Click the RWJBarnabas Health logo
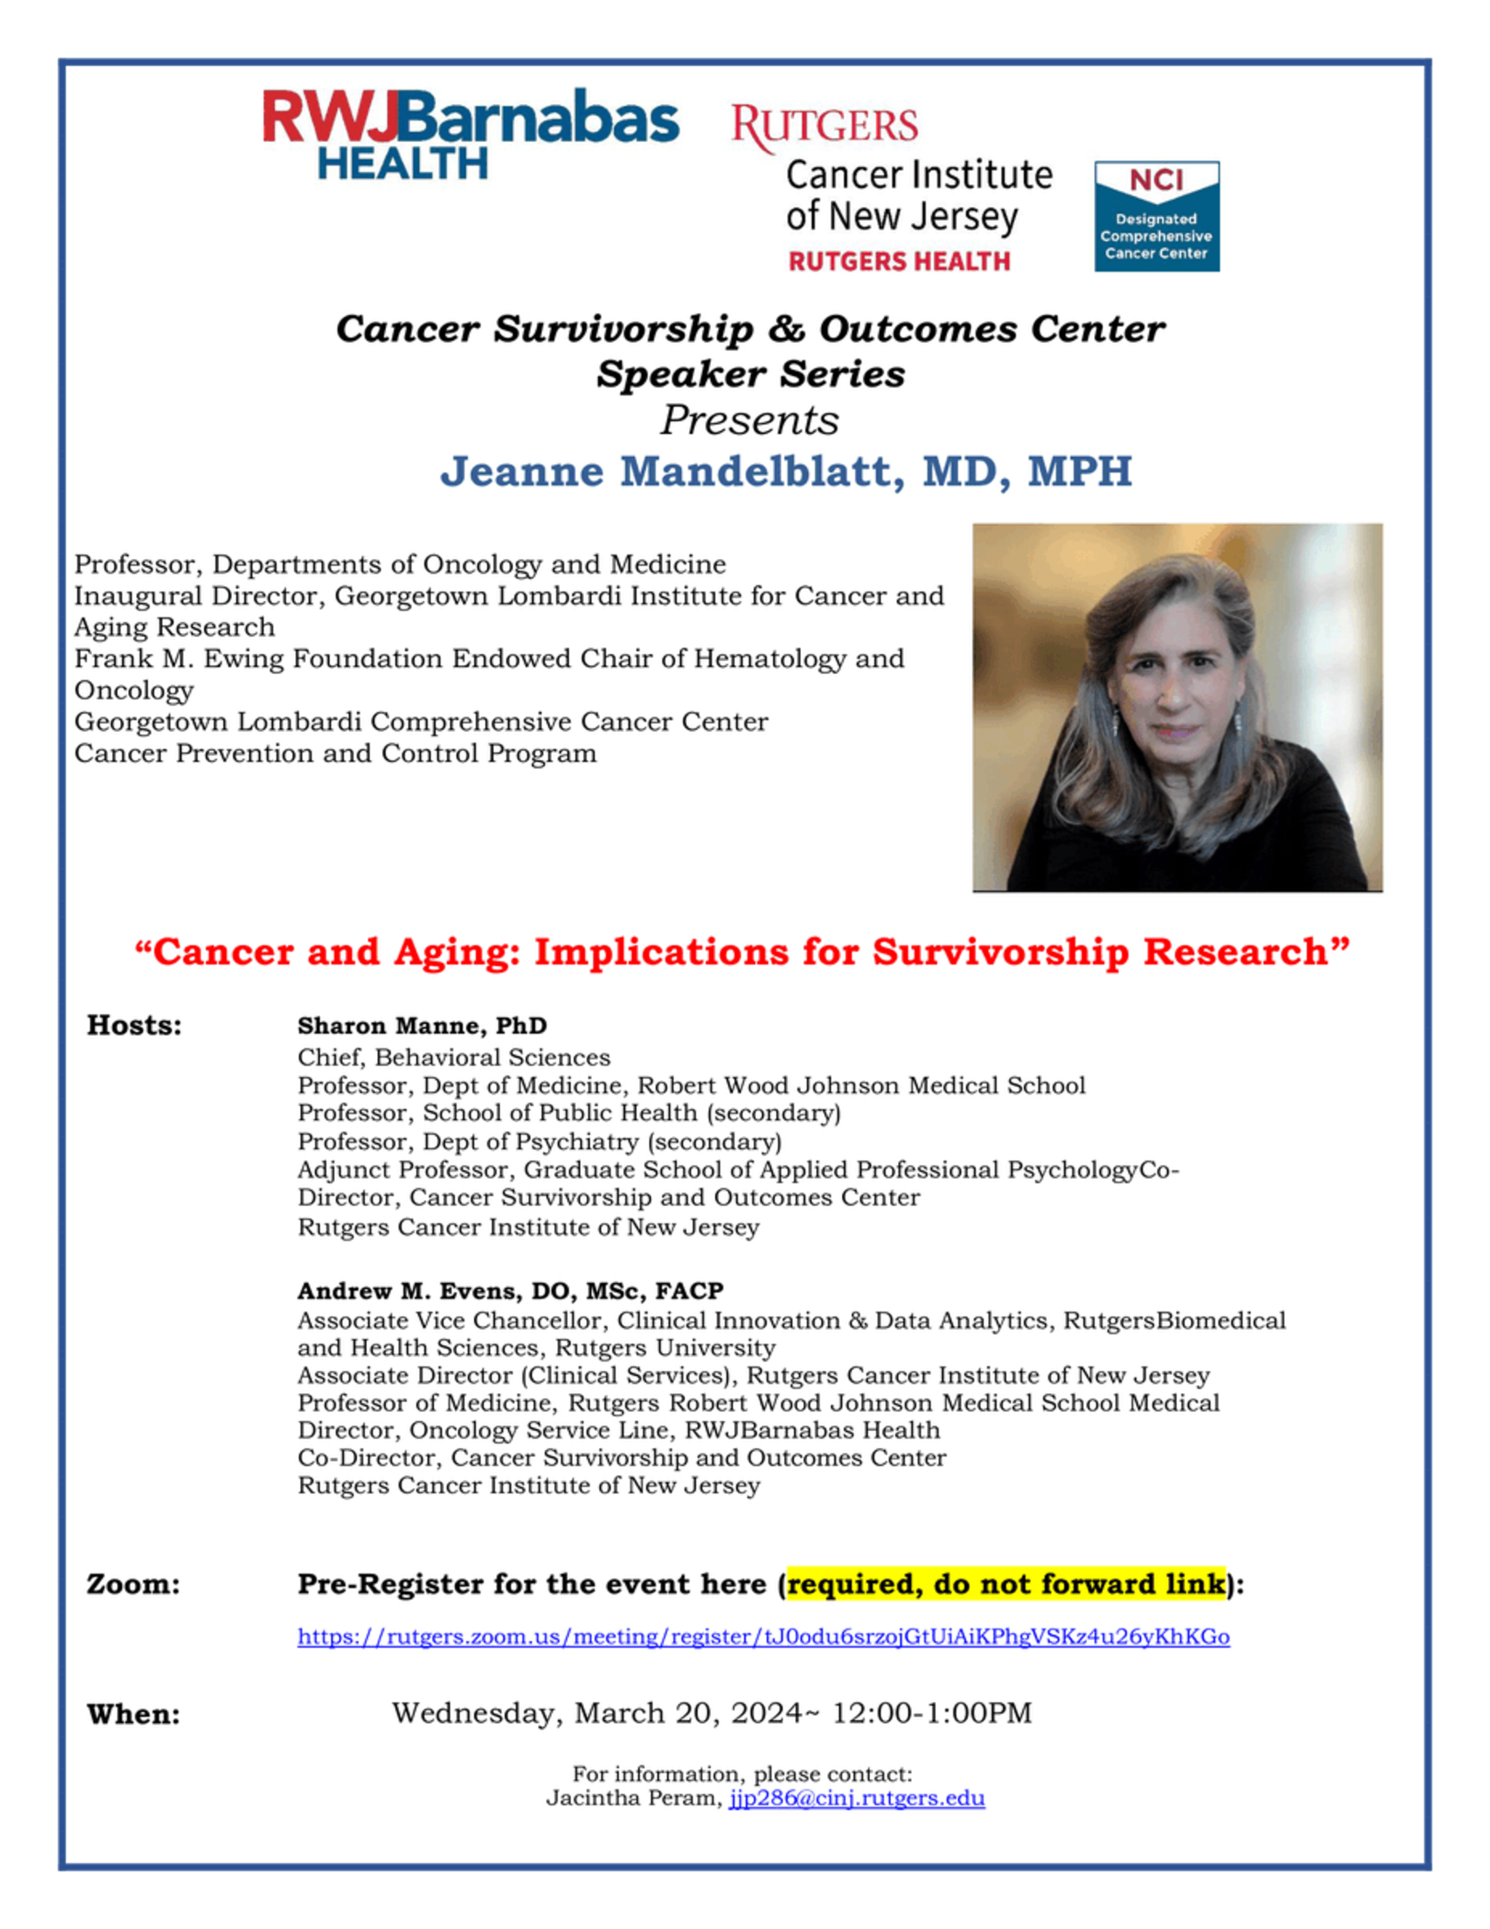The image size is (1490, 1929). pyautogui.click(x=470, y=132)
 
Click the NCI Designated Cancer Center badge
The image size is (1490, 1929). pyautogui.click(x=1156, y=216)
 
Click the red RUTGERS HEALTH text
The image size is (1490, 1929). pyautogui.click(x=898, y=261)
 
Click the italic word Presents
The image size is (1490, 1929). pyautogui.click(x=749, y=420)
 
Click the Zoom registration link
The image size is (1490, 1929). pyautogui.click(x=763, y=1637)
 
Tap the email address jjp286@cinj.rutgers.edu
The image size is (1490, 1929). pyautogui.click(x=856, y=1798)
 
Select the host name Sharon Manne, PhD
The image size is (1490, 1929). pyautogui.click(x=421, y=1025)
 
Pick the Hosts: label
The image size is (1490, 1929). pyautogui.click(x=134, y=1025)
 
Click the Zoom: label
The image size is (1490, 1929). pyautogui.click(x=132, y=1583)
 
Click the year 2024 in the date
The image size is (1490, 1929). pyautogui.click(x=767, y=1713)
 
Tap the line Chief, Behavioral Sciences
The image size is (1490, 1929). pyautogui.click(x=453, y=1057)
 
